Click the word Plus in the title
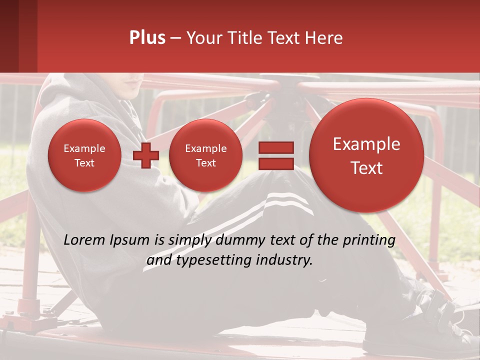click(x=147, y=38)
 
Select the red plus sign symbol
click(x=145, y=155)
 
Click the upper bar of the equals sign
click(x=275, y=147)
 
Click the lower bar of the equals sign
click(x=275, y=163)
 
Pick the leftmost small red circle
click(x=84, y=155)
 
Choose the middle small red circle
click(x=205, y=155)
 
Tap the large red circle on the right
click(x=366, y=155)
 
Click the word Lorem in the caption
click(x=85, y=240)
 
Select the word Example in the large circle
click(x=366, y=144)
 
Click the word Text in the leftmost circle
click(x=84, y=163)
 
